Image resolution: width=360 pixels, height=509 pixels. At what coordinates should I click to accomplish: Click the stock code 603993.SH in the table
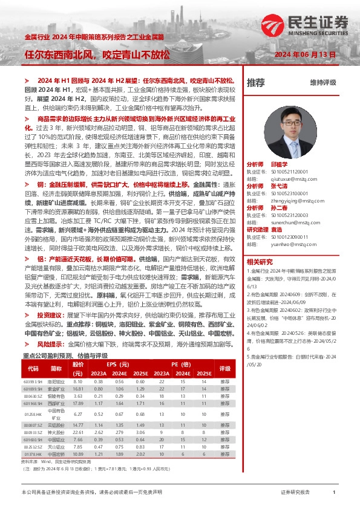(33, 381)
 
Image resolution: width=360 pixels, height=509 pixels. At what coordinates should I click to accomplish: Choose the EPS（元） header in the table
(119, 365)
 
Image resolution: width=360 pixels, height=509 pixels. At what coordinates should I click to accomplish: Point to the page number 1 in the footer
(334, 493)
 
